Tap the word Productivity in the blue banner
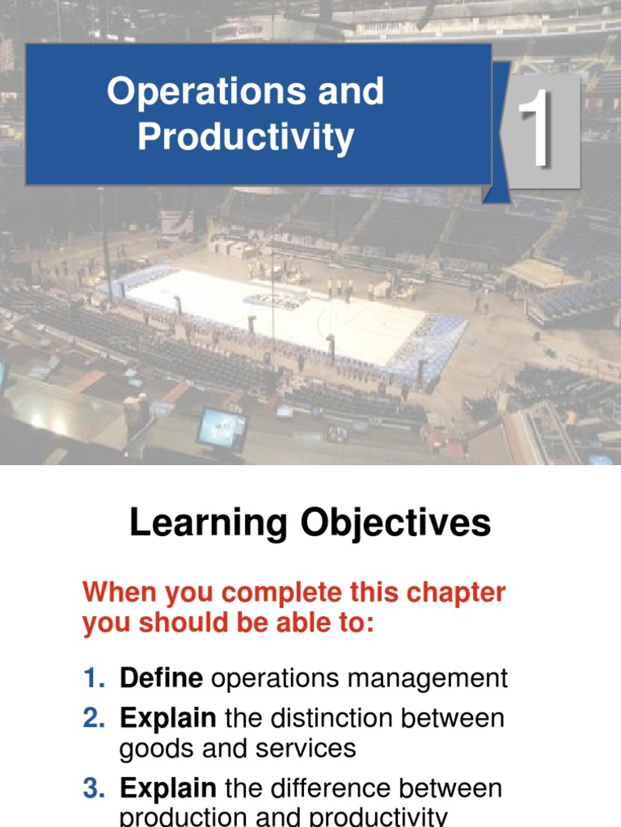(246, 137)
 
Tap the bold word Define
(161, 678)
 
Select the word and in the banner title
(351, 92)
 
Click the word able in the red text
(305, 623)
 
